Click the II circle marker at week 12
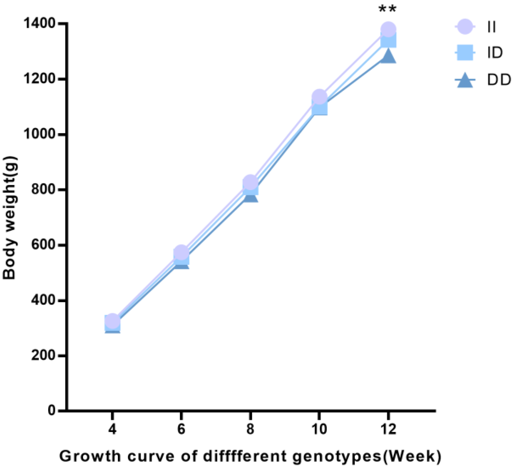(x=388, y=29)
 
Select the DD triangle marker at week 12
(x=388, y=56)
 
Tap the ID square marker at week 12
(x=388, y=40)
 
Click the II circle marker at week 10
(x=319, y=97)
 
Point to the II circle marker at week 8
(x=250, y=182)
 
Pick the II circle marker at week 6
(x=181, y=252)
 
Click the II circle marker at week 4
(x=112, y=321)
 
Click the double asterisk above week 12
(x=388, y=9)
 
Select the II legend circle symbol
(x=465, y=27)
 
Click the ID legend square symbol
(x=465, y=53)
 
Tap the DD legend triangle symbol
(x=465, y=81)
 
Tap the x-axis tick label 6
(x=181, y=429)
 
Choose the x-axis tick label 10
(x=319, y=429)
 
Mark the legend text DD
(x=499, y=80)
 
